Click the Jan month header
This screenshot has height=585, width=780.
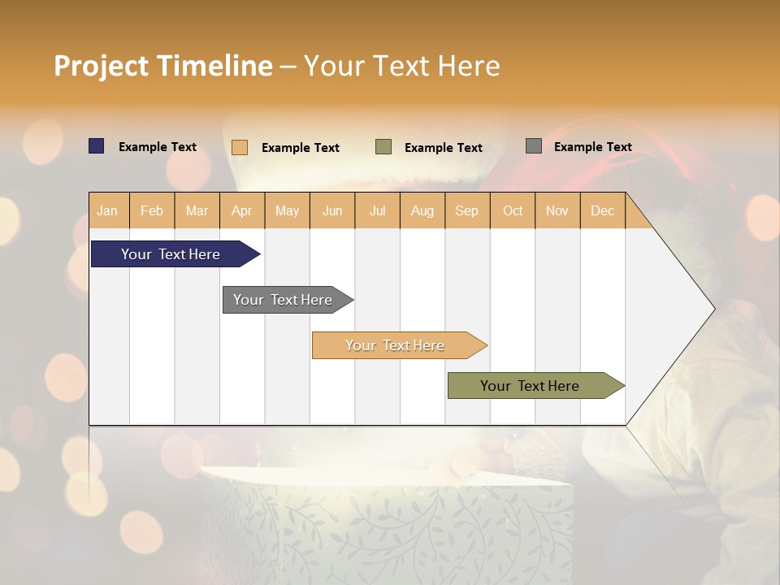coord(107,210)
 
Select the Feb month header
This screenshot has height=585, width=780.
coord(152,210)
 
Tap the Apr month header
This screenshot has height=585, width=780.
coord(241,210)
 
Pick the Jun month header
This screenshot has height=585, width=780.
coord(332,210)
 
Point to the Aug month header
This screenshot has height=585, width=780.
coord(422,210)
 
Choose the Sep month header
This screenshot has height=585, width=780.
coord(466,210)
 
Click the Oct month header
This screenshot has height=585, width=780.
coord(513,210)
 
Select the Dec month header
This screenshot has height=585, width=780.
coord(602,210)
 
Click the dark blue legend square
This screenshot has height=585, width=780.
coord(97,146)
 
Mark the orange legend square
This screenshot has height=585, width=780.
coord(240,147)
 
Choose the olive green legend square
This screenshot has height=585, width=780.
coord(383,147)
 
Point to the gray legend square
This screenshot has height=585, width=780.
coord(534,146)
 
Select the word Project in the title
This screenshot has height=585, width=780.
coord(101,66)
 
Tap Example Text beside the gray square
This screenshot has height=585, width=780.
coord(592,146)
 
